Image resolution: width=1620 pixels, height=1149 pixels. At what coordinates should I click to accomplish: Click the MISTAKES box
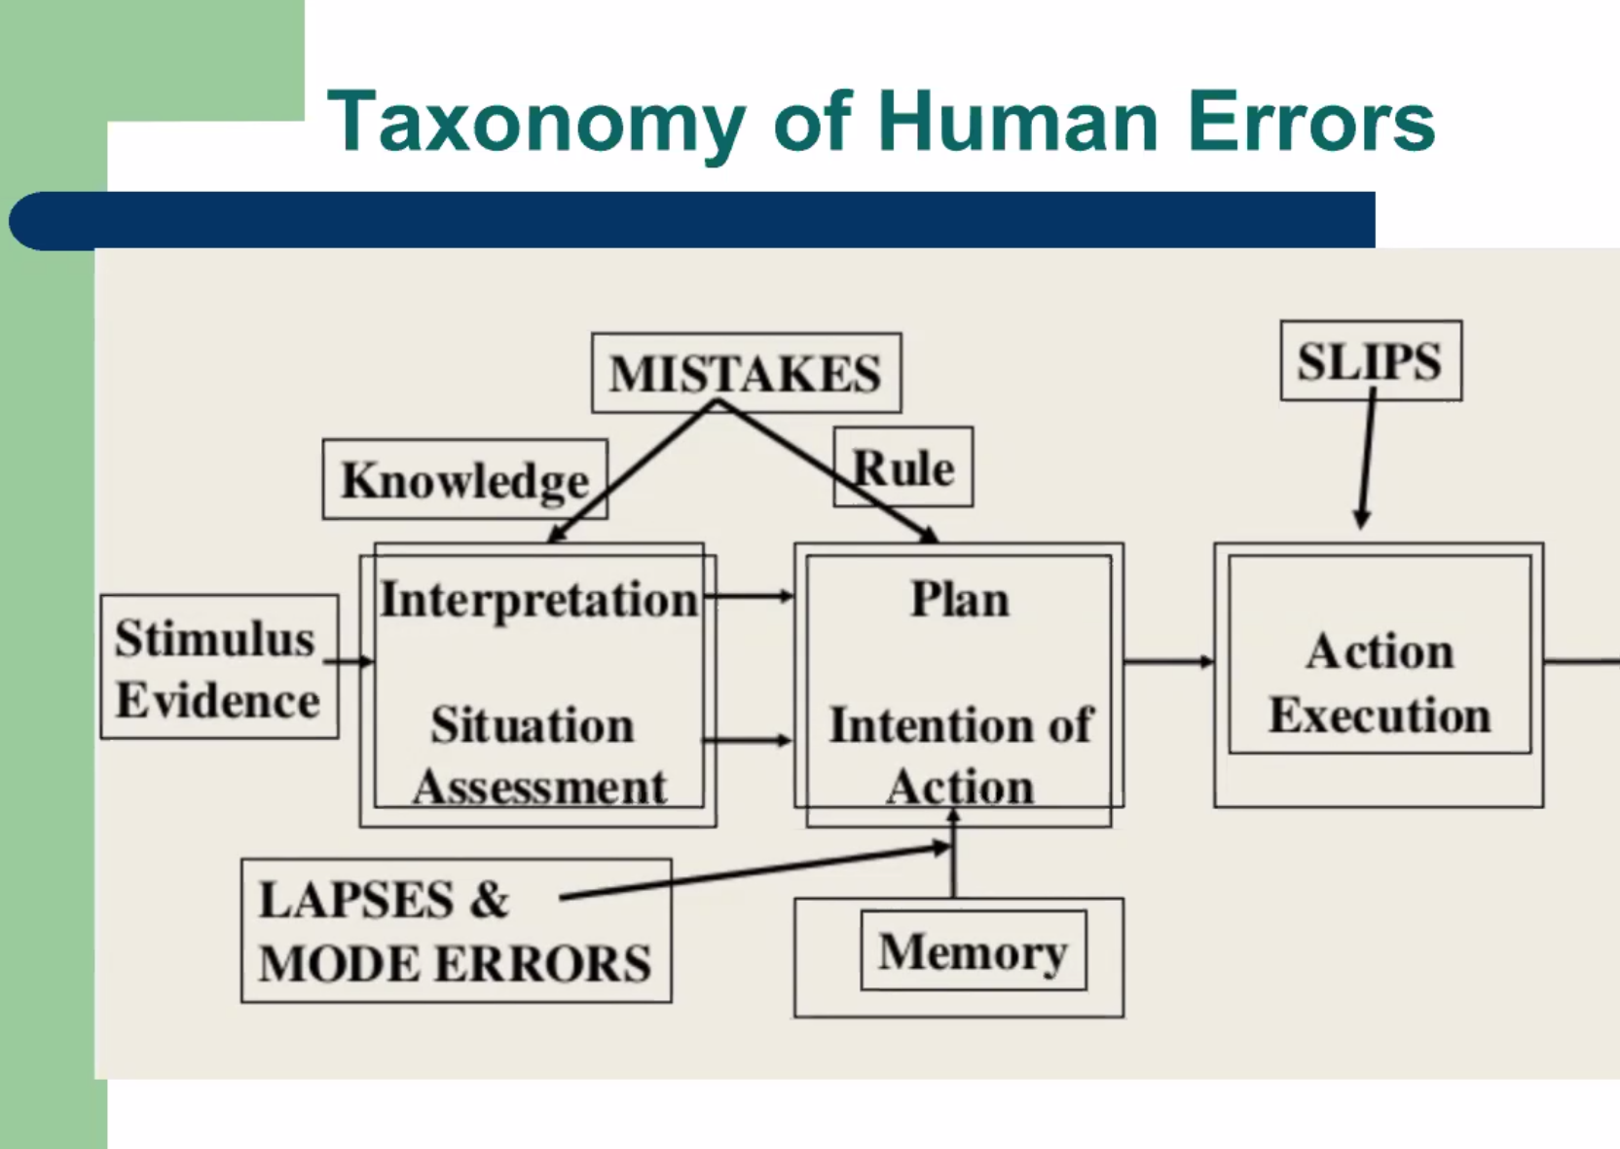coord(746,373)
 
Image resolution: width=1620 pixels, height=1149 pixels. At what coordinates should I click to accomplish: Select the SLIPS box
coord(1370,361)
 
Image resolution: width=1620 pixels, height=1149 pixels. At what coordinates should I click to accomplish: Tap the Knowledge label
coord(464,480)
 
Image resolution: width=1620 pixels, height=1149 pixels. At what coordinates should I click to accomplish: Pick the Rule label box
coord(902,468)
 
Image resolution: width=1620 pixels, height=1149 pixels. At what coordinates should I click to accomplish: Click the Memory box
coord(973,951)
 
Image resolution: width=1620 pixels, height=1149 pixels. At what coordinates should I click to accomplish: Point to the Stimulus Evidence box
coord(219,668)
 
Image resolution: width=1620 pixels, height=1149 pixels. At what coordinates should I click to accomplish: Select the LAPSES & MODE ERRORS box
coord(456,931)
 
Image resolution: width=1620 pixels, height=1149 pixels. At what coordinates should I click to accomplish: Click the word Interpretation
coord(538,599)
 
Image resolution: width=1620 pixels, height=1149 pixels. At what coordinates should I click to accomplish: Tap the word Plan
coord(959,599)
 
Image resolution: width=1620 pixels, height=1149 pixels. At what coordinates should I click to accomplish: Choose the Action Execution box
coord(1380,683)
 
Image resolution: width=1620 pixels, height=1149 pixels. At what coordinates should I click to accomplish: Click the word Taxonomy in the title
coord(535,123)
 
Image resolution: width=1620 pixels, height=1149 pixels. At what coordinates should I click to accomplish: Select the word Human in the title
coord(1018,123)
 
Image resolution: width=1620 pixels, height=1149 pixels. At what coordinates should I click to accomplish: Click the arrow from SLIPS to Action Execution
coord(1367,458)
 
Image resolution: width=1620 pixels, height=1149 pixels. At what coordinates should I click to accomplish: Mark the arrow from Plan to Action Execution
coord(1168,662)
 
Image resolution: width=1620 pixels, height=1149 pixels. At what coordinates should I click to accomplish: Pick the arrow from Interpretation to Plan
coord(748,595)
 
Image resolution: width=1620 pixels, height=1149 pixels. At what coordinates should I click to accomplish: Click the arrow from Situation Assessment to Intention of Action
coord(748,741)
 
